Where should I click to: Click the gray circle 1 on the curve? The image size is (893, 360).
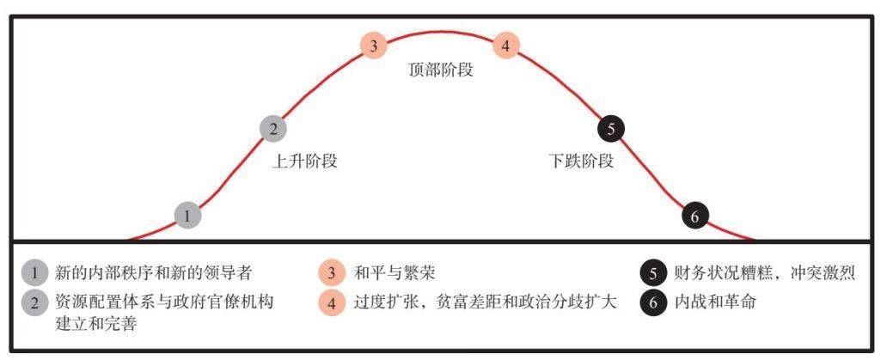pos(187,215)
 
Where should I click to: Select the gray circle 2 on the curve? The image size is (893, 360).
pos(273,129)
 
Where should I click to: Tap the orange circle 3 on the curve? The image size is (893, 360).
pos(373,46)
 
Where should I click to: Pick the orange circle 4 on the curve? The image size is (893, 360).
pos(505,46)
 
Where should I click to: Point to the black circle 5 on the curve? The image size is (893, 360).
pos(611,129)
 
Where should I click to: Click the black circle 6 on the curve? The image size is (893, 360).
pos(694,216)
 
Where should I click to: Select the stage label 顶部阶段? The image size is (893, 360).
pos(441,70)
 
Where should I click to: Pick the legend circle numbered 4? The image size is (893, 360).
pos(331,302)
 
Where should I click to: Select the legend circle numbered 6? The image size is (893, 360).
pos(653,302)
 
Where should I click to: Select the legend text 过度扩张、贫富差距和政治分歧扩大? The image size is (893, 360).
pos(486,302)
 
